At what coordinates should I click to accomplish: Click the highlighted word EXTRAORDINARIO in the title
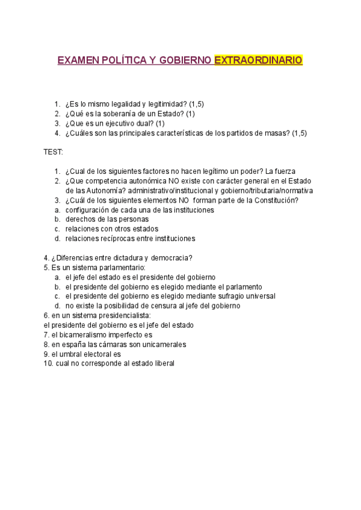pos(258,61)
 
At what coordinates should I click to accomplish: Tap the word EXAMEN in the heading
pos(76,61)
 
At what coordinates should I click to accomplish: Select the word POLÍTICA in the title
pos(120,61)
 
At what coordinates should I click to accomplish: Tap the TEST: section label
pos(53,152)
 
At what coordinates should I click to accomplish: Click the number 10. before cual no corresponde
pos(48,363)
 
